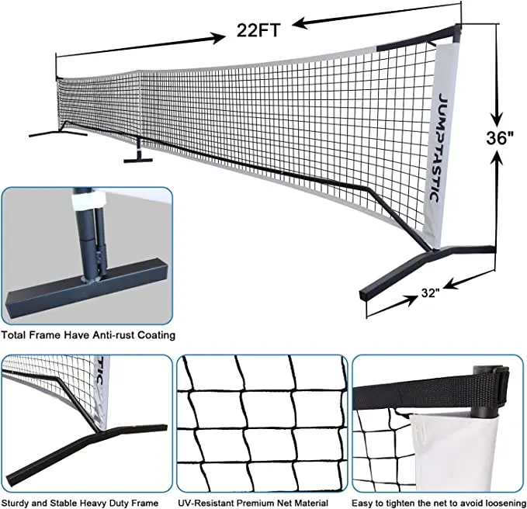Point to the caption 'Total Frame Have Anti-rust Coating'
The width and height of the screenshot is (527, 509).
(x=88, y=335)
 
